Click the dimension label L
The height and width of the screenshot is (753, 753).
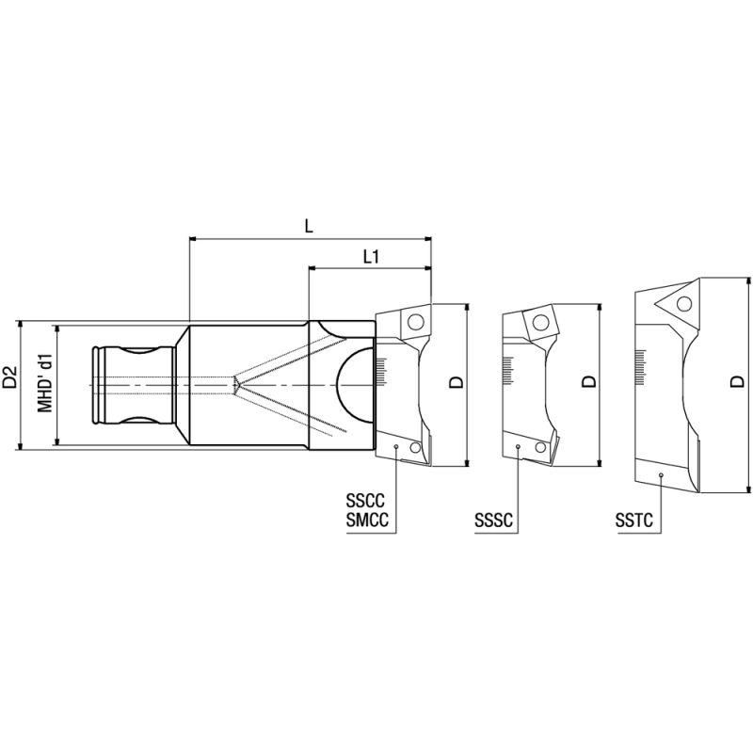pyautogui.click(x=309, y=226)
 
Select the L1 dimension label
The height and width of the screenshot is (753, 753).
pyautogui.click(x=372, y=256)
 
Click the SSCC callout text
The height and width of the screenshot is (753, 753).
pyautogui.click(x=367, y=500)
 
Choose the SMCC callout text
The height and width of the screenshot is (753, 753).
pyautogui.click(x=367, y=519)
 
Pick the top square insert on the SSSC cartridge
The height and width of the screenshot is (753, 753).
pyautogui.click(x=540, y=323)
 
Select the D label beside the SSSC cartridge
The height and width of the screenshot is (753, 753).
pyautogui.click(x=587, y=381)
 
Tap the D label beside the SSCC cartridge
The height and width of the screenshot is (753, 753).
pyautogui.click(x=455, y=381)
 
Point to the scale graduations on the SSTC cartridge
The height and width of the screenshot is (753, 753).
pyautogui.click(x=644, y=363)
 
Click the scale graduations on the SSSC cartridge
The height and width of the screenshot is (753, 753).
pyautogui.click(x=508, y=368)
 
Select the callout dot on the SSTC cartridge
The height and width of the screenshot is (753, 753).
pyautogui.click(x=662, y=475)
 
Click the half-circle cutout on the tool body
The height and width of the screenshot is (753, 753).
pyautogui.click(x=354, y=384)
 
